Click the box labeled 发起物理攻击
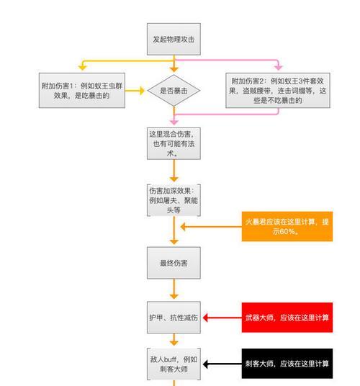[x=174, y=39]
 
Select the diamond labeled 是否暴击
[x=174, y=91]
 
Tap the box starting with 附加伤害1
[x=82, y=90]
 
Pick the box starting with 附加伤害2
[x=278, y=90]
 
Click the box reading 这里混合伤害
[x=174, y=143]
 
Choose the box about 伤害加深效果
[x=174, y=200]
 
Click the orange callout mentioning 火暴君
[x=287, y=226]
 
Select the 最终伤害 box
[x=174, y=263]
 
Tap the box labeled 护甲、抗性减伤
[x=174, y=318]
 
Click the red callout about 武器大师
[x=287, y=318]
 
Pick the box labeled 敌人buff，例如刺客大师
[x=174, y=364]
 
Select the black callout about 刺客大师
[x=287, y=364]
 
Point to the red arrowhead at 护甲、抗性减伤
[x=205, y=318]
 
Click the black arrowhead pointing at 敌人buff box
[x=205, y=364]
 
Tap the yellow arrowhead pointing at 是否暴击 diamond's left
[x=142, y=91]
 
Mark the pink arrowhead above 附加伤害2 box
[x=279, y=68]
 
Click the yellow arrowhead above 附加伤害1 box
[x=82, y=68]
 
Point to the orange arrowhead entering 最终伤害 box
[x=174, y=242]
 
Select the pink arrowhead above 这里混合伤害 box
[x=174, y=122]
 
